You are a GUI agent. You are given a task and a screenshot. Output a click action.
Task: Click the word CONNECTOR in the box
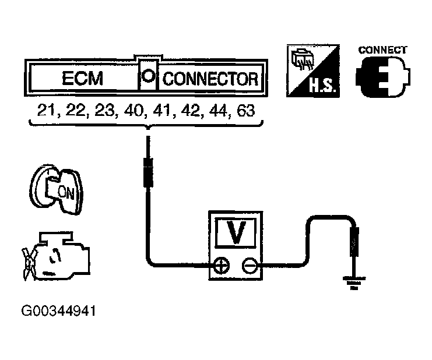pyautogui.click(x=210, y=79)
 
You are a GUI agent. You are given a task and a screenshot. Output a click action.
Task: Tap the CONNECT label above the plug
pyautogui.click(x=382, y=50)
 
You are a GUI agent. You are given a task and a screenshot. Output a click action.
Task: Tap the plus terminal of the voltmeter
pyautogui.click(x=222, y=266)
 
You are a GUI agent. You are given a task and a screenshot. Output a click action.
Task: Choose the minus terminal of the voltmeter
pyautogui.click(x=250, y=266)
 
